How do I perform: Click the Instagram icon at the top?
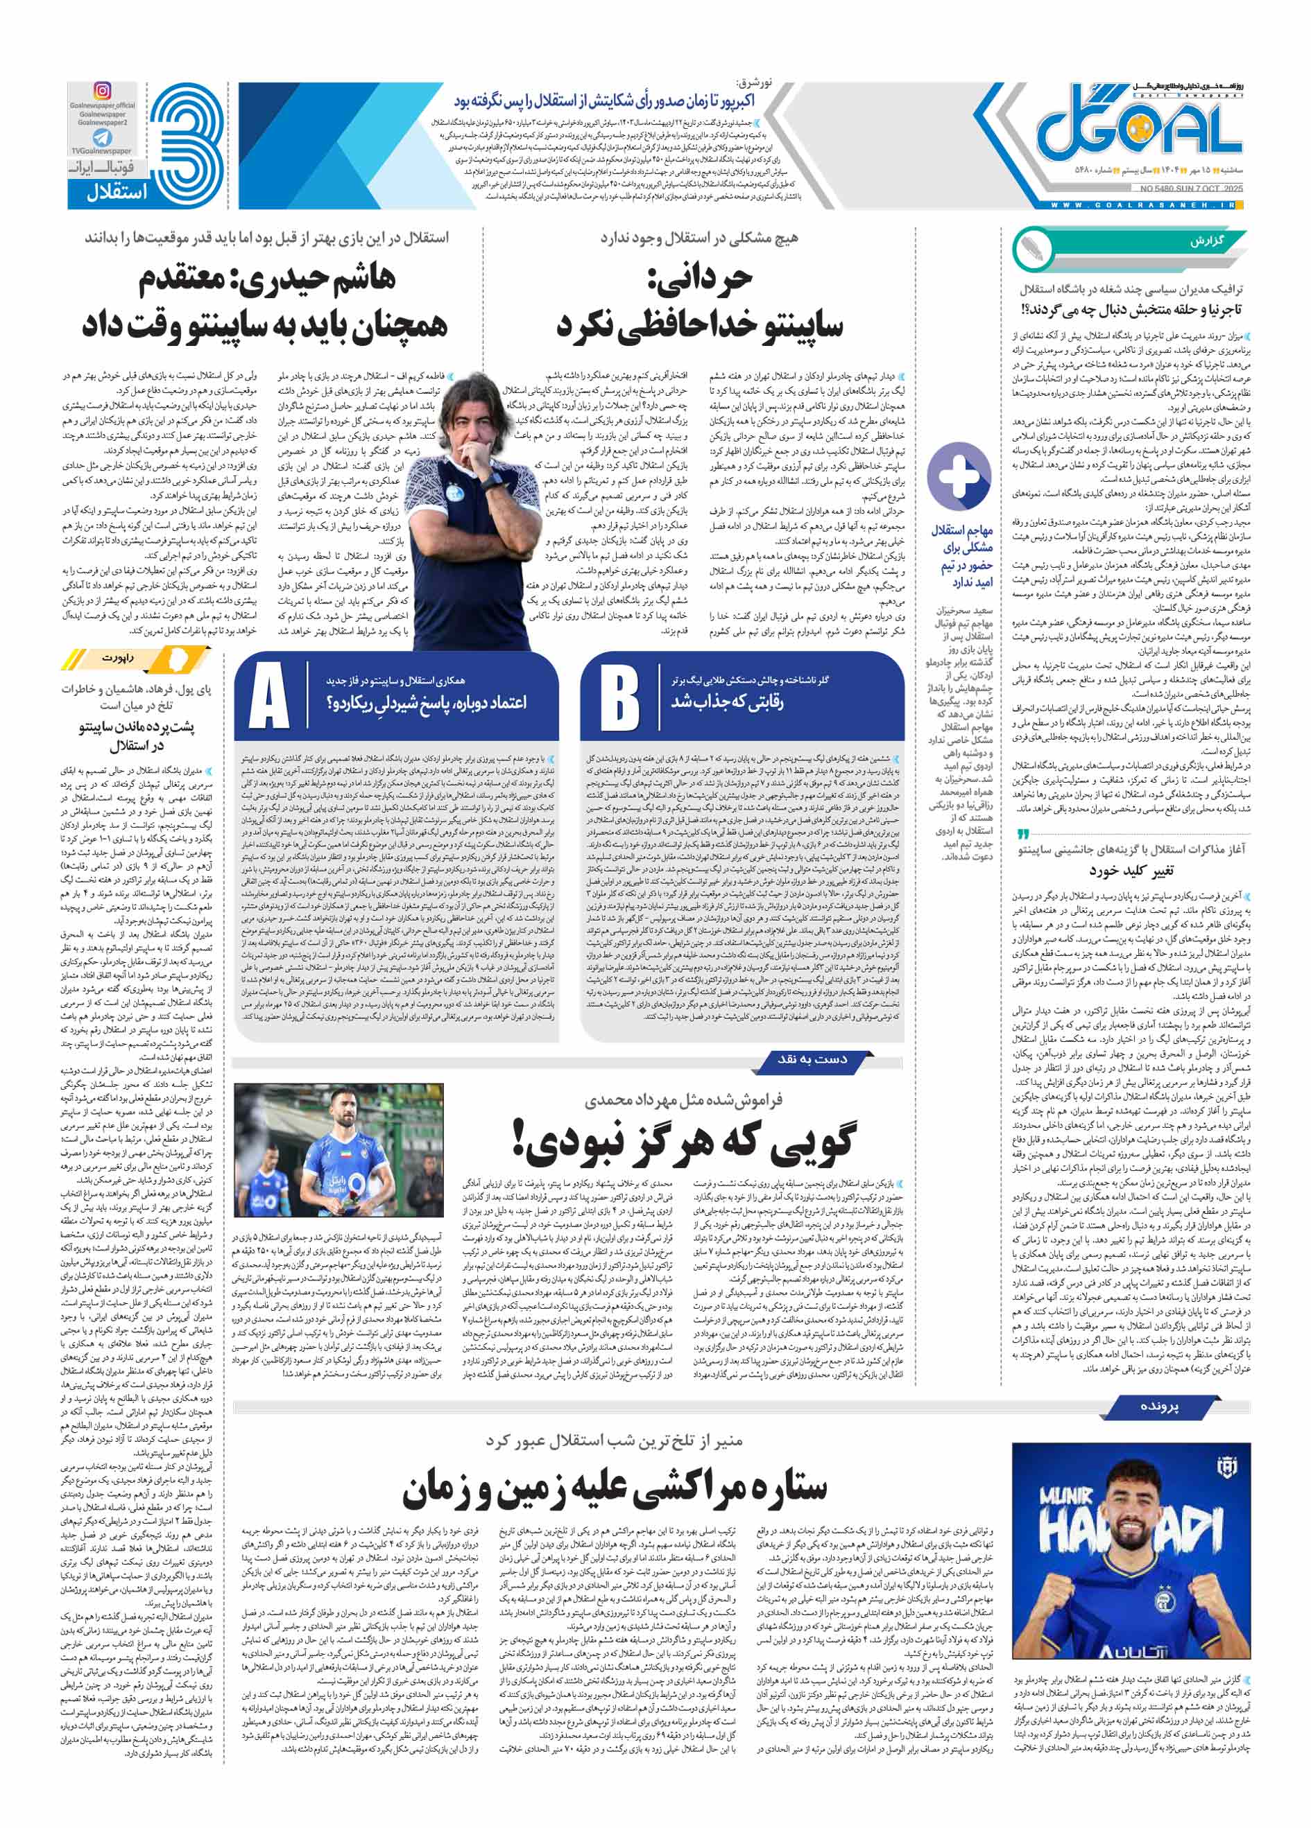(x=103, y=91)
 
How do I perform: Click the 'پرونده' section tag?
(x=1159, y=1407)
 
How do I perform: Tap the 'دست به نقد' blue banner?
(x=812, y=1059)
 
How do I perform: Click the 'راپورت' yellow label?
(x=118, y=658)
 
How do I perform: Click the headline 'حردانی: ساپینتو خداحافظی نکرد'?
(x=699, y=302)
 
